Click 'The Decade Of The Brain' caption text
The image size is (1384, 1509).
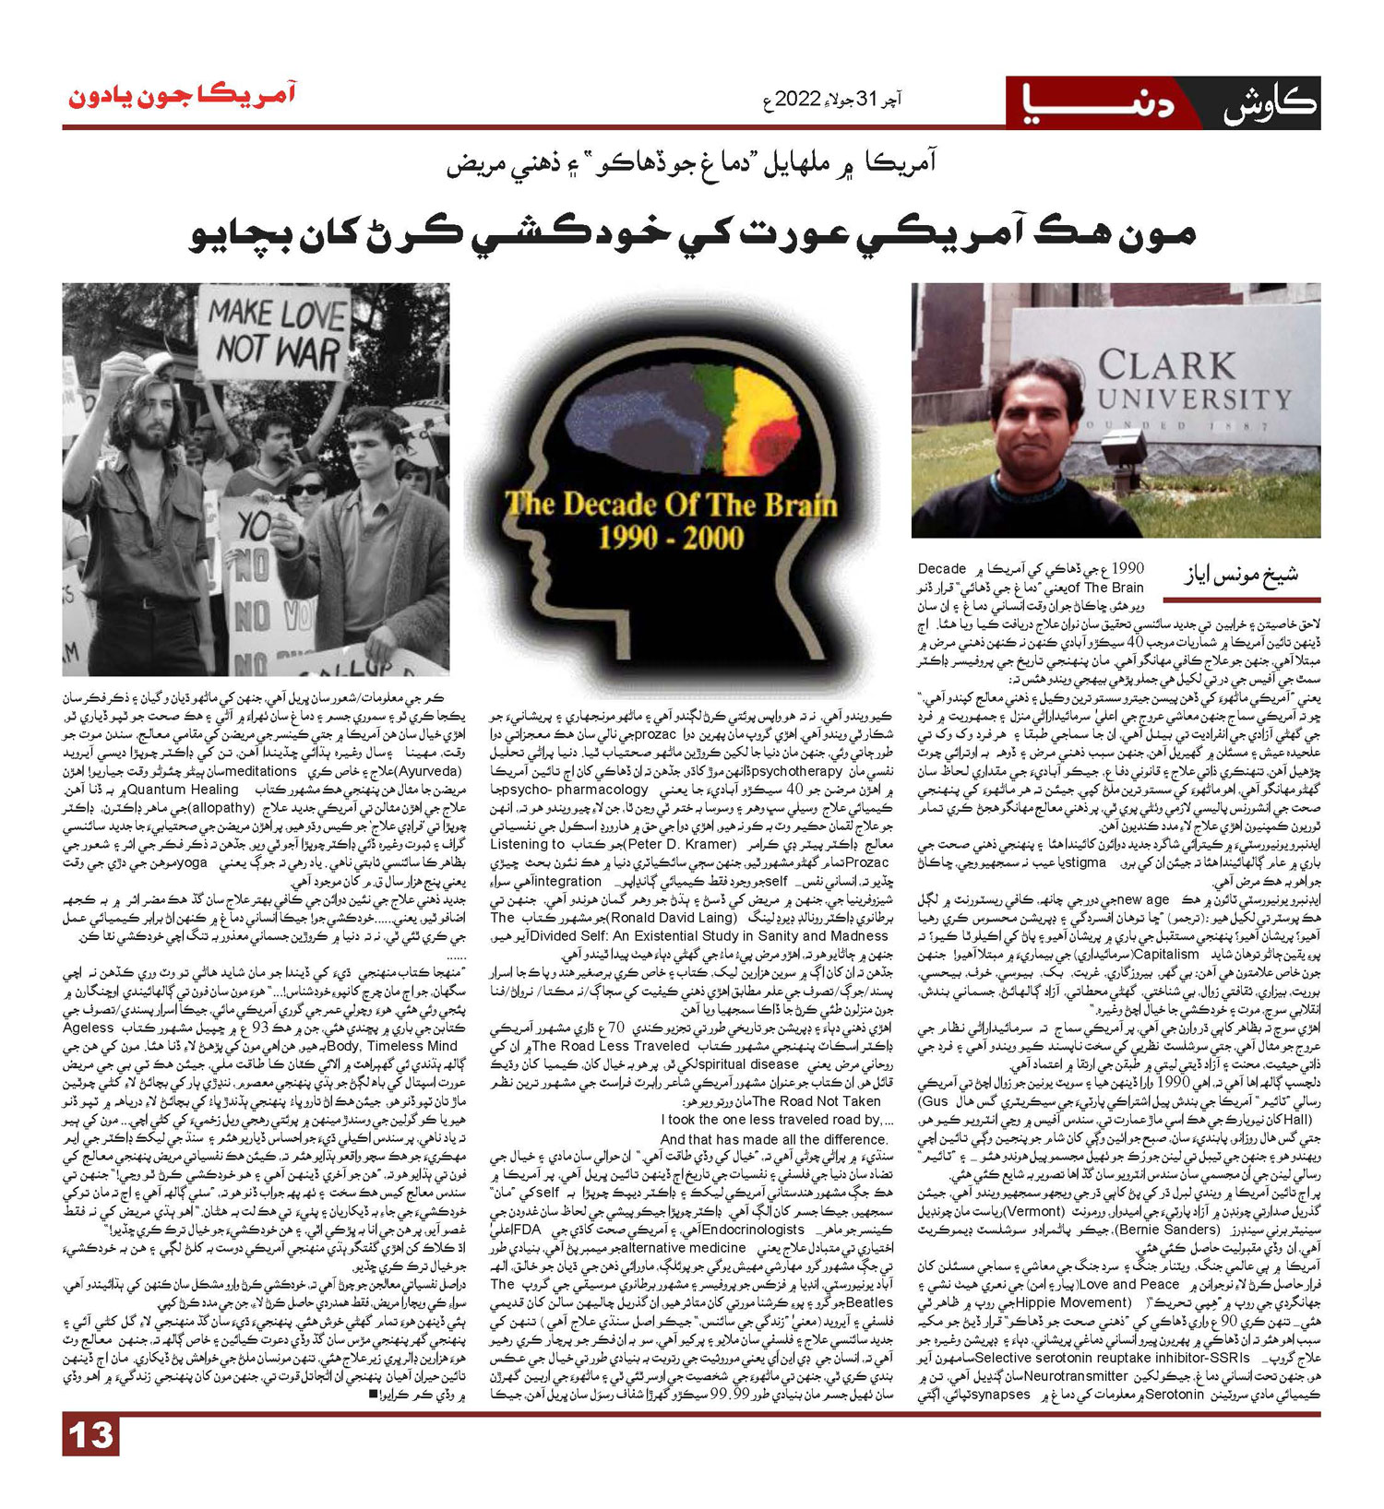pyautogui.click(x=671, y=505)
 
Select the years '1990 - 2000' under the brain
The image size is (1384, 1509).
pyautogui.click(x=671, y=538)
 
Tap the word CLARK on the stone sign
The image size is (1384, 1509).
pyautogui.click(x=1166, y=365)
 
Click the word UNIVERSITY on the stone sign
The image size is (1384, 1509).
pyautogui.click(x=1194, y=399)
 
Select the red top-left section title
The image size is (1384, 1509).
pyautogui.click(x=182, y=97)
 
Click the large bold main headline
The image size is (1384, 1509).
pyautogui.click(x=692, y=234)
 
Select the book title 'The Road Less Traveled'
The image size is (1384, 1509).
pyautogui.click(x=611, y=1046)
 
